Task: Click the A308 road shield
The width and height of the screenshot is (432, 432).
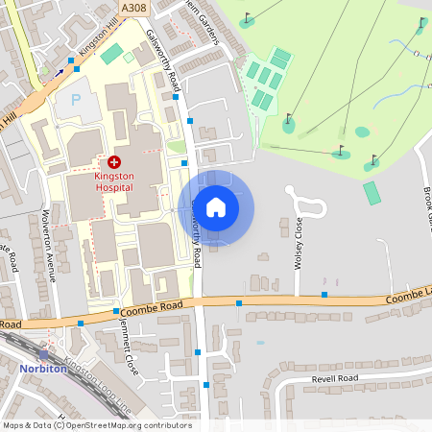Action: [134, 8]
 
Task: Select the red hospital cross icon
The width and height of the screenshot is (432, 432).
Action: [115, 163]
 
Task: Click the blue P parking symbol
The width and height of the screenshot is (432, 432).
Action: [75, 100]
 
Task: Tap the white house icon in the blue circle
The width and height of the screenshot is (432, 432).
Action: [216, 206]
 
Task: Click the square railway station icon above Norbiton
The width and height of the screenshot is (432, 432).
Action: [43, 354]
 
